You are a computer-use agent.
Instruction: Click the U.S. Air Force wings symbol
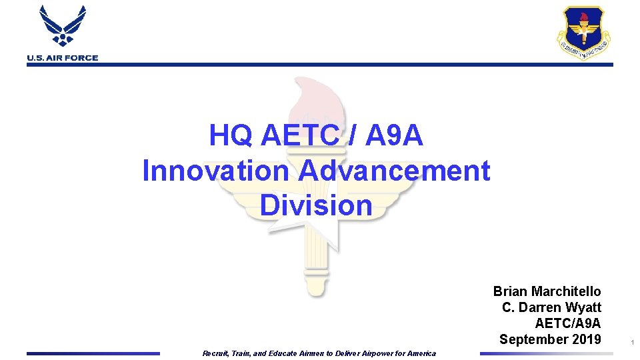coord(63,27)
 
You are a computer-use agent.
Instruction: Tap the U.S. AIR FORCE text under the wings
coord(63,58)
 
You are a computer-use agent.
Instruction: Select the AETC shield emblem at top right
coord(583,33)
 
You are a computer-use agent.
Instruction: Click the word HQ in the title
coord(231,135)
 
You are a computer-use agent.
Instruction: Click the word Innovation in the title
coord(215,170)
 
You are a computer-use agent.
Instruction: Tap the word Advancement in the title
coord(394,170)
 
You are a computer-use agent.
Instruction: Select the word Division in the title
coord(316,205)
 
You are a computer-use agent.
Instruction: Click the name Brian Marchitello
coord(547,291)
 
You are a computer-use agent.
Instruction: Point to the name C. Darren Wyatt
coord(551,307)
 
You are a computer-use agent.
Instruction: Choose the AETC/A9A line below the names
coord(567,323)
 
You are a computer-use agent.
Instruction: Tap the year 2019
coord(587,339)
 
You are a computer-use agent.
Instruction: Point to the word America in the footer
coord(421,353)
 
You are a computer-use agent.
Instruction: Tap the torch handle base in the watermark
coord(314,283)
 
